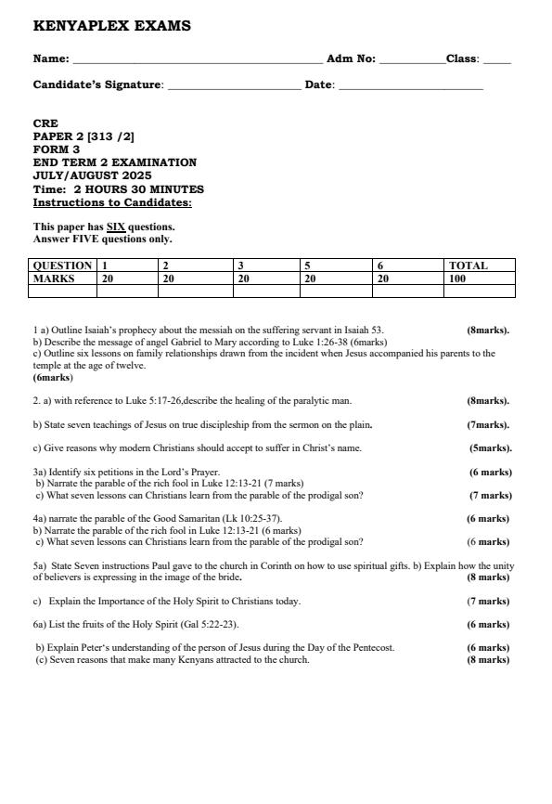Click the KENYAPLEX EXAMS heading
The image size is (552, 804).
(x=111, y=26)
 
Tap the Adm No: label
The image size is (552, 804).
(x=351, y=58)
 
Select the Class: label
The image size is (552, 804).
(x=462, y=58)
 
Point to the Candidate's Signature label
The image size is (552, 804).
(x=97, y=84)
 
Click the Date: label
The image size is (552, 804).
(x=320, y=84)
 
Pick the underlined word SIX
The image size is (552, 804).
(x=116, y=227)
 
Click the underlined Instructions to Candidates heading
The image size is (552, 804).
(x=112, y=202)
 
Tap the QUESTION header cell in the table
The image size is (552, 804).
(x=62, y=266)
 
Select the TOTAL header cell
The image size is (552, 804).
(x=469, y=266)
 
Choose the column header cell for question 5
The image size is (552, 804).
(x=307, y=266)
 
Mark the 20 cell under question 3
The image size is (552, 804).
(x=243, y=278)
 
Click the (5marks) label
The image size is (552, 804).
(x=490, y=447)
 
